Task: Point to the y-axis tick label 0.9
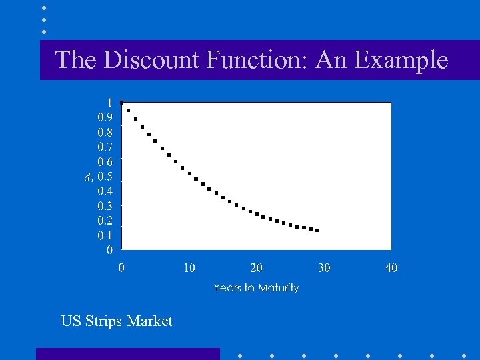105,117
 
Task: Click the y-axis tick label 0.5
105,176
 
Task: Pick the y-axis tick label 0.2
105,221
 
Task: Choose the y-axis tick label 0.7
105,147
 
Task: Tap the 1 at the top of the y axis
109,102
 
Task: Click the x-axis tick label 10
189,268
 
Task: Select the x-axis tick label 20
257,268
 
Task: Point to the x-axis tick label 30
324,268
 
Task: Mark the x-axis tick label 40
391,268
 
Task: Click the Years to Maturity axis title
256,288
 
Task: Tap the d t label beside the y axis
87,177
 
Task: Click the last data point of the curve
317,230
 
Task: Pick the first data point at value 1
121,103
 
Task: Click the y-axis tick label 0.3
105,206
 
